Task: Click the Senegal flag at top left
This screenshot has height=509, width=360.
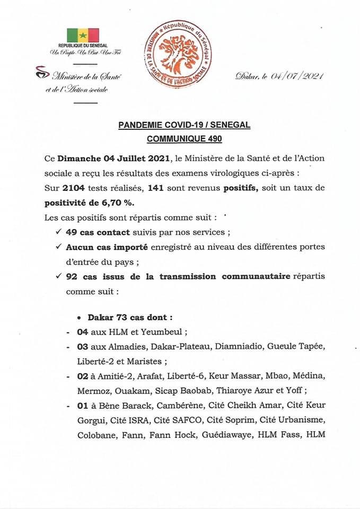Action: pos(83,35)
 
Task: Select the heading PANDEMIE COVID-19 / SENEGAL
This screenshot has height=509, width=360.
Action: pos(184,125)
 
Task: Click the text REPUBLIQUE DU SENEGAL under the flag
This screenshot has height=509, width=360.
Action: pos(83,47)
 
